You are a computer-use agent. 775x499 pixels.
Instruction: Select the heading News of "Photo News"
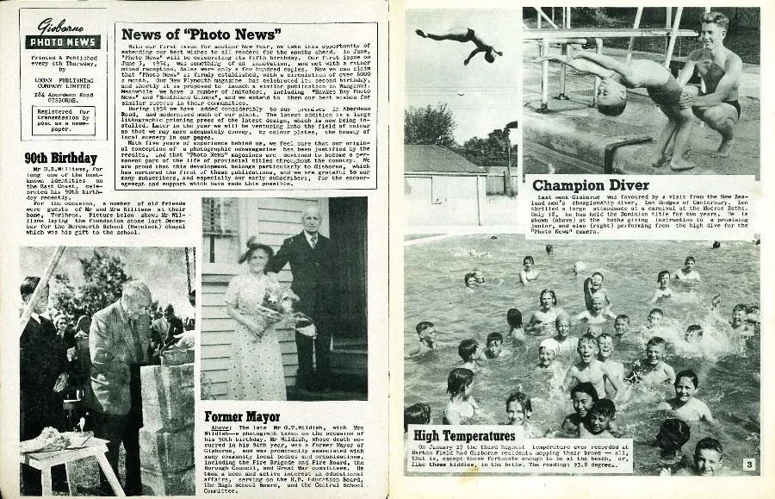point(198,34)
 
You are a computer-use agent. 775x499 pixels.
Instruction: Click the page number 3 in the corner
point(750,465)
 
